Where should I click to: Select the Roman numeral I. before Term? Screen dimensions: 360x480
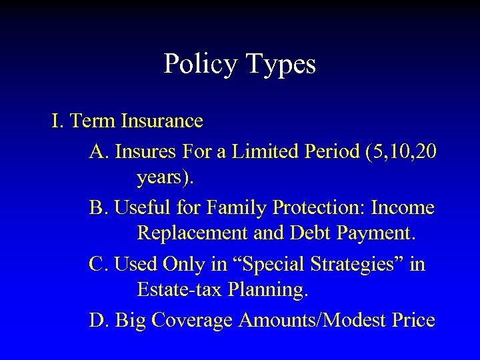(x=57, y=121)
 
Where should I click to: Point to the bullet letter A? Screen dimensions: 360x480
(x=99, y=152)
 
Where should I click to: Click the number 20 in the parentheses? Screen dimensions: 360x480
(x=425, y=152)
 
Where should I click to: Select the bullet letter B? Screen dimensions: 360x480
(x=99, y=209)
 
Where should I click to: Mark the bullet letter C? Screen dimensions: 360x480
(x=99, y=265)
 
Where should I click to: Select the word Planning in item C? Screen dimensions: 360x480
(x=262, y=290)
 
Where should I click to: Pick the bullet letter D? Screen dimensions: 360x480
(x=99, y=321)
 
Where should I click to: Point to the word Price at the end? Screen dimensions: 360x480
(x=413, y=321)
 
